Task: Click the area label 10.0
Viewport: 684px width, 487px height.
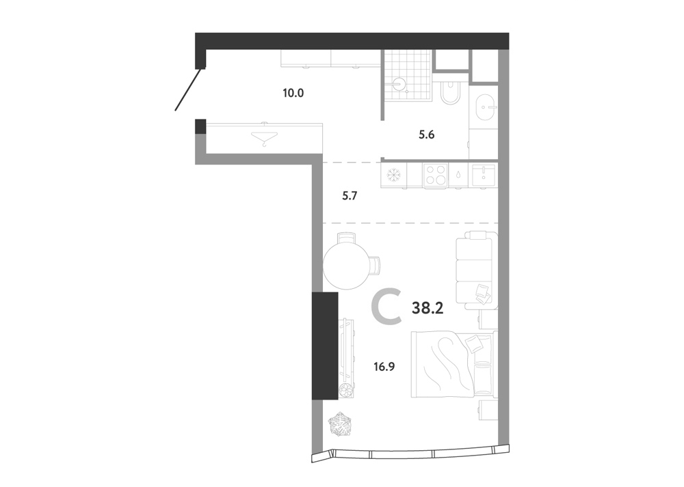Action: pyautogui.click(x=293, y=93)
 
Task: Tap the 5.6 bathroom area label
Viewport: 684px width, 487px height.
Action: pyautogui.click(x=426, y=135)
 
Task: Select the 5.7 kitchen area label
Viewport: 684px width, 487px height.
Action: pyautogui.click(x=350, y=196)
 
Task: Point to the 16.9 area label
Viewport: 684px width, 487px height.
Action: pyautogui.click(x=384, y=367)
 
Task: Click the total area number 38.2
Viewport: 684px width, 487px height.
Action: pyautogui.click(x=428, y=309)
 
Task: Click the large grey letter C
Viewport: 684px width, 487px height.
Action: pyautogui.click(x=386, y=309)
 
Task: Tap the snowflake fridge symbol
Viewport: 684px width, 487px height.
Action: pyautogui.click(x=395, y=176)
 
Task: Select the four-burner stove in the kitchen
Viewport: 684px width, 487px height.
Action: pyautogui.click(x=435, y=175)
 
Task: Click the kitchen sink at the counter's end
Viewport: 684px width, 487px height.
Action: pyautogui.click(x=484, y=174)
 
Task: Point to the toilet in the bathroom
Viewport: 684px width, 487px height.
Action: pyautogui.click(x=449, y=92)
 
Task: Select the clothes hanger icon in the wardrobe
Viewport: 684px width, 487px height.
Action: pyautogui.click(x=264, y=139)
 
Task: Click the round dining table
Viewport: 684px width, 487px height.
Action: pyautogui.click(x=345, y=266)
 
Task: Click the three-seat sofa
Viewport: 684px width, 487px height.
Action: pyautogui.click(x=476, y=270)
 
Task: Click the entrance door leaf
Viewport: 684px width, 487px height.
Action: pyautogui.click(x=189, y=89)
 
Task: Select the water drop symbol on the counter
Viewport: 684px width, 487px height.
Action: pyautogui.click(x=458, y=175)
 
